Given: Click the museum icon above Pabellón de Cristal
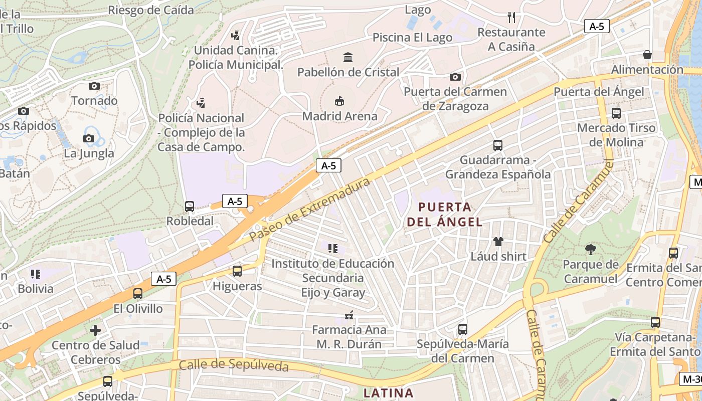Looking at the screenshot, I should [x=347, y=57].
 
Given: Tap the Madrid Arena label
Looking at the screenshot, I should [x=339, y=116].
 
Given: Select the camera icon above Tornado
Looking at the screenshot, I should [x=94, y=86].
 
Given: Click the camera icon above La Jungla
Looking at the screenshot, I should [x=89, y=138].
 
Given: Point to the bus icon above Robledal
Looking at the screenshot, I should [x=190, y=206].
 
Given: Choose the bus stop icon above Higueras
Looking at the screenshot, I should [x=237, y=271].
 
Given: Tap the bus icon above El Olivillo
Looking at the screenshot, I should [x=138, y=294].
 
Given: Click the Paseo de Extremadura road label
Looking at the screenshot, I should [x=309, y=209].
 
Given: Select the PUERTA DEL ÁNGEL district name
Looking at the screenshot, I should [x=444, y=214].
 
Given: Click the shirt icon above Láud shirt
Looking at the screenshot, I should [x=498, y=242].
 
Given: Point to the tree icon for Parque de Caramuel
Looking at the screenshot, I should [x=590, y=249].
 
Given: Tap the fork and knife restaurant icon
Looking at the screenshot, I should [x=511, y=18].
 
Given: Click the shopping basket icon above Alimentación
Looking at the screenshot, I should [x=647, y=55].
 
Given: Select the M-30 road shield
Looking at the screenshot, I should [x=691, y=379].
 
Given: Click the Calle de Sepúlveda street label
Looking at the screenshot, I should [x=234, y=364].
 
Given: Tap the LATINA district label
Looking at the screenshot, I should [x=388, y=393].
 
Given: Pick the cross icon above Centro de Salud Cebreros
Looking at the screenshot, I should [x=95, y=330].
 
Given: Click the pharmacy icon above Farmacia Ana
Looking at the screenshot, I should [x=349, y=315].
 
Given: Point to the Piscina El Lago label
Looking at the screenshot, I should [x=412, y=38].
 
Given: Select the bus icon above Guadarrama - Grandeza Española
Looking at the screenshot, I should [x=498, y=145].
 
